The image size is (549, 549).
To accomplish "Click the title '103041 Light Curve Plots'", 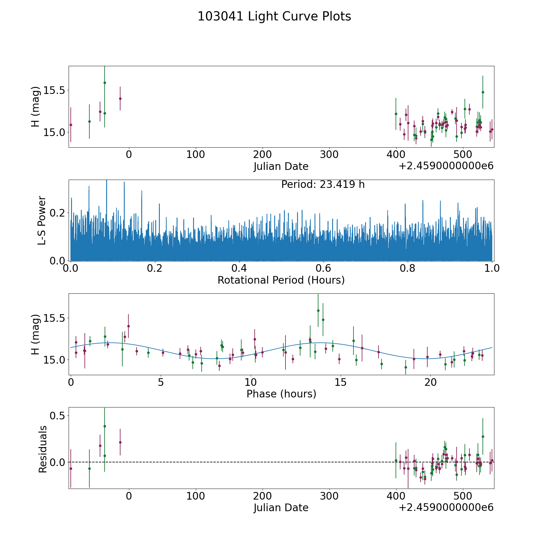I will click(274, 16).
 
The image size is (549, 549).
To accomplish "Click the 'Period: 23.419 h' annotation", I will click(323, 185).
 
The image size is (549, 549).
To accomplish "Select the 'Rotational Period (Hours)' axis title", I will click(281, 280).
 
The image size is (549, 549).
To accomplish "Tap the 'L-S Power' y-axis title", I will click(42, 220).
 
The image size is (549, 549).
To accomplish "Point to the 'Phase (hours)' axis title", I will click(281, 394).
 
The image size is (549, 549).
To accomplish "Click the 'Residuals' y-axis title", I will click(43, 449).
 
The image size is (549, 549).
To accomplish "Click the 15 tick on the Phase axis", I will click(340, 382).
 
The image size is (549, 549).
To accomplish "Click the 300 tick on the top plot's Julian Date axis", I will click(329, 155).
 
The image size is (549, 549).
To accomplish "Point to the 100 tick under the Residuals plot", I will click(196, 496).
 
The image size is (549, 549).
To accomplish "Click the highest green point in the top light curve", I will click(105, 83).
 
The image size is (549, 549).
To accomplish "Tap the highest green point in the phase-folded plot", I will click(318, 310).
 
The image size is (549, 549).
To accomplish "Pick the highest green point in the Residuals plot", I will click(105, 426).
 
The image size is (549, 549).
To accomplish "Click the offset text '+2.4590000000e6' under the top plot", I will click(446, 166).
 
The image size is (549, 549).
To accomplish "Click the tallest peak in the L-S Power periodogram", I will click(106, 181).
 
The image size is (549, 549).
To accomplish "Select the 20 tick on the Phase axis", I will click(430, 382).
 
